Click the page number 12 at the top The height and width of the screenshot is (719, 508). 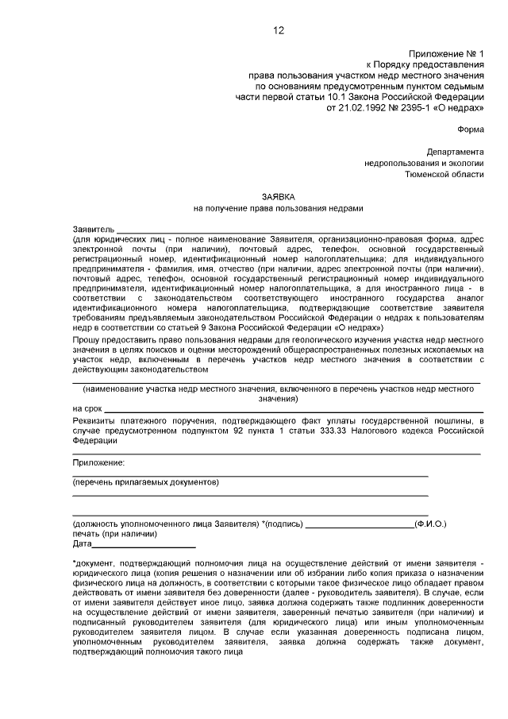[x=278, y=31]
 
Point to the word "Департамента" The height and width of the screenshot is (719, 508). [x=454, y=151]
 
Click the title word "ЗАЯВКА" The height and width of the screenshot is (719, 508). [x=278, y=195]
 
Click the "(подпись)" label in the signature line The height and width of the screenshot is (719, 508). [x=283, y=524]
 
